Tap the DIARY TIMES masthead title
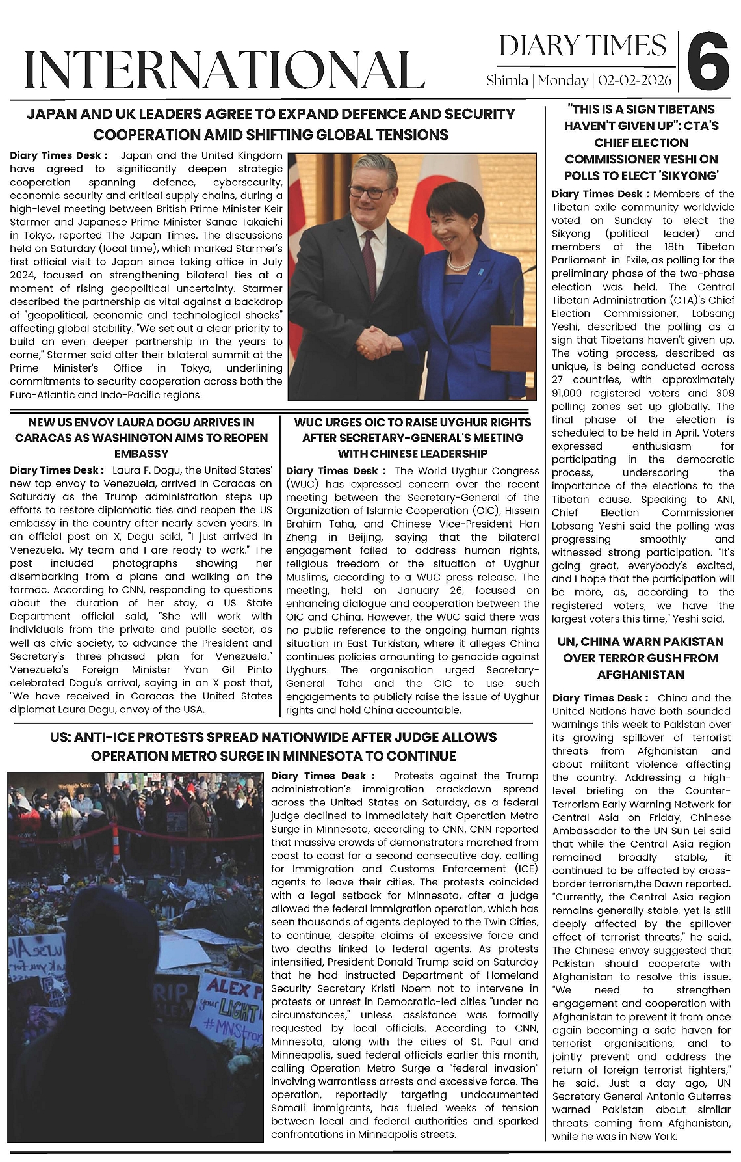click(582, 46)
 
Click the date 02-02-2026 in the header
click(636, 81)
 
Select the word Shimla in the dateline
click(507, 81)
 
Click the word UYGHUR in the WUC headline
click(461, 422)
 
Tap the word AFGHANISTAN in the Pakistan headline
click(640, 675)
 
